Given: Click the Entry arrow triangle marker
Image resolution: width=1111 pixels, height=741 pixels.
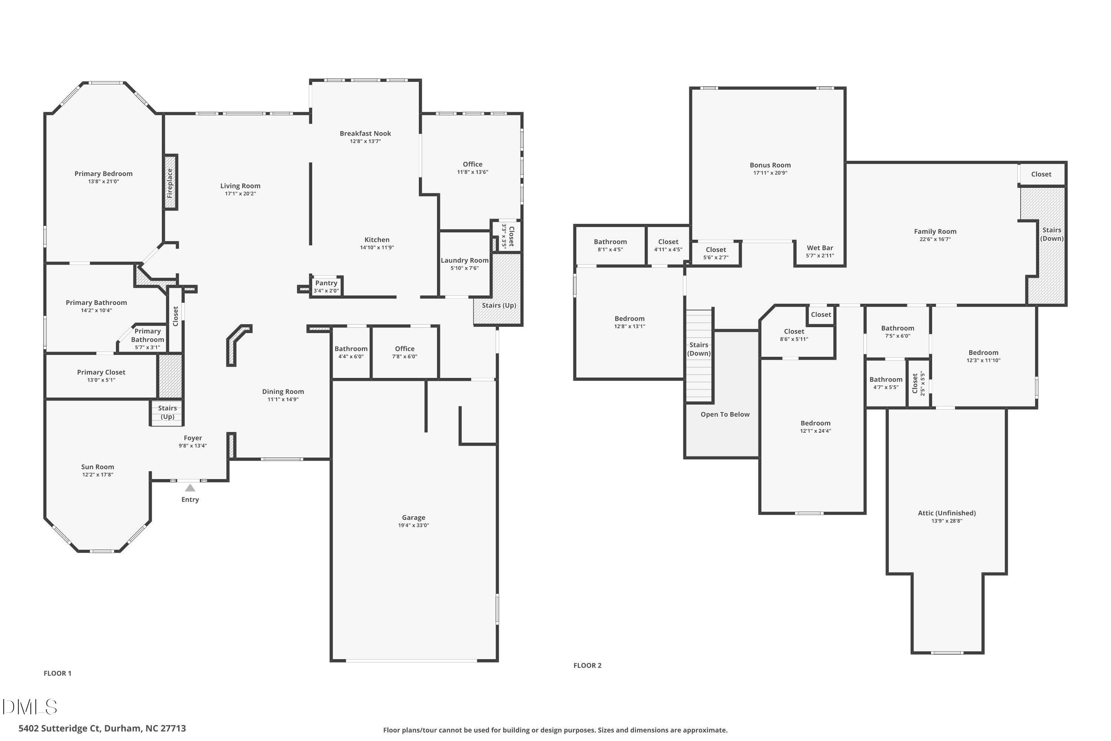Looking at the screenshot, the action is coord(190,488).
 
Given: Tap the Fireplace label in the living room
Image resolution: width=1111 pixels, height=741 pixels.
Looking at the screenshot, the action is coord(170,183).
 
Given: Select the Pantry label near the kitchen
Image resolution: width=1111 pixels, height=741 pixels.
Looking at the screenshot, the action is coord(326,283).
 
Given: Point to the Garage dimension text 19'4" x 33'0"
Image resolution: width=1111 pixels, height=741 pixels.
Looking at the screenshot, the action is coord(413,525).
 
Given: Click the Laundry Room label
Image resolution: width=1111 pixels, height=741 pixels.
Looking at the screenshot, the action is coord(464,260).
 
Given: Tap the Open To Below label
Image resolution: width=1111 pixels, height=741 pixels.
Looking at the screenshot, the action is coord(725,415).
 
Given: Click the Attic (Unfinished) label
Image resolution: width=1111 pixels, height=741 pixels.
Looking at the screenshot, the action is coord(947,513).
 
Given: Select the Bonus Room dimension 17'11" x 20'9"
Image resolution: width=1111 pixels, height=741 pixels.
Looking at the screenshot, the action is coord(770,173).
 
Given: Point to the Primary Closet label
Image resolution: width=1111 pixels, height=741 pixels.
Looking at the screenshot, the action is coord(101,372).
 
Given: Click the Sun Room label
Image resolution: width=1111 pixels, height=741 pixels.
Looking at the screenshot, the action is coord(97,467).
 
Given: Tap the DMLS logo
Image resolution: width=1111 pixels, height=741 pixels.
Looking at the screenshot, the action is coord(30,707).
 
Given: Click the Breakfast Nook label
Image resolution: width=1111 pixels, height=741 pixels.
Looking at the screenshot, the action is coord(365,134).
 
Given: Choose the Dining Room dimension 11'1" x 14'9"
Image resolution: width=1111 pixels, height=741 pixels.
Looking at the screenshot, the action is coord(283,399).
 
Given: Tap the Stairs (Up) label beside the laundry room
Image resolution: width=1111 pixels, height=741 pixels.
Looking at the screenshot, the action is coord(499,305).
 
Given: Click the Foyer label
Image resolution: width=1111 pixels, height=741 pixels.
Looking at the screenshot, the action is coord(193,438).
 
